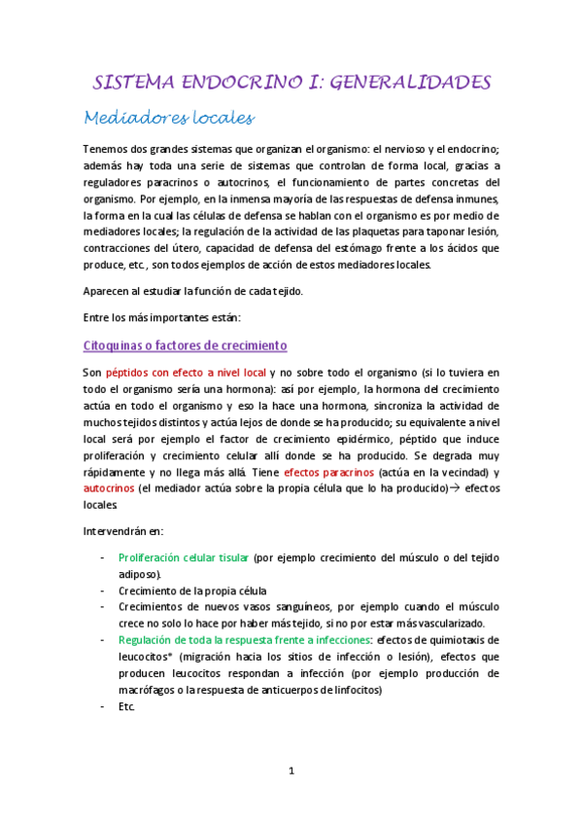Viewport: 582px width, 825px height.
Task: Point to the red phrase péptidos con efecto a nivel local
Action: pyautogui.click(x=187, y=373)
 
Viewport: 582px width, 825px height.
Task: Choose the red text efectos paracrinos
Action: pyautogui.click(x=336, y=472)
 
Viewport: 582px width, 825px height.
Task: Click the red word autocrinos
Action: pyautogui.click(x=109, y=488)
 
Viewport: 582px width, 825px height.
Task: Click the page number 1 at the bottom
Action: pyautogui.click(x=291, y=771)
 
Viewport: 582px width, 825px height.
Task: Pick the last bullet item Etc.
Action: pyautogui.click(x=126, y=707)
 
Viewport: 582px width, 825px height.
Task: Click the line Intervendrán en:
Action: pyautogui.click(x=123, y=531)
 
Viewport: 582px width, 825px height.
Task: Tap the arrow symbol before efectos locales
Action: pyautogui.click(x=455, y=488)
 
